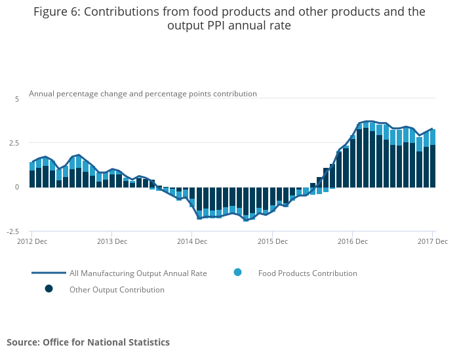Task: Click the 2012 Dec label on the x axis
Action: (31, 241)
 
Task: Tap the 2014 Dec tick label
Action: (191, 241)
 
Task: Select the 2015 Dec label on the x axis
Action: (272, 241)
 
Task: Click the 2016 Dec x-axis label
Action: (352, 241)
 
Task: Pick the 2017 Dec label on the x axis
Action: (432, 241)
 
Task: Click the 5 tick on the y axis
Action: (17, 98)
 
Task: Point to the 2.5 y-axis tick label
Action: (15, 143)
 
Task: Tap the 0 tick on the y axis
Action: (17, 187)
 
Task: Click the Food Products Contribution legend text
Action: (307, 273)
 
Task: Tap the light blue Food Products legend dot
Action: (237, 272)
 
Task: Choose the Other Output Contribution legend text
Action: (117, 290)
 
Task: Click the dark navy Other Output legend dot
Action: (49, 289)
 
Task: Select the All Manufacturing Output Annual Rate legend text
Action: (138, 273)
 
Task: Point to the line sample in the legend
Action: (49, 273)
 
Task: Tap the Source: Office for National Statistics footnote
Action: (88, 342)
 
